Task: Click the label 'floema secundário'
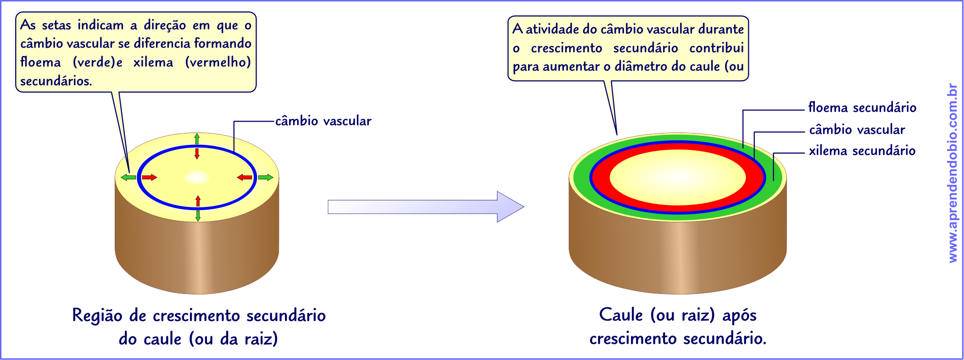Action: coord(862,107)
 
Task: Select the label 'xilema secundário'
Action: coord(862,150)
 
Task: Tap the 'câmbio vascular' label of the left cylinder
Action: coord(323,121)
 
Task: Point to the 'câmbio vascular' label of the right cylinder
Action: coord(857,130)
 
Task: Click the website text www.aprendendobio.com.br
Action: coord(953,173)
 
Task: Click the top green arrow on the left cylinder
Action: coord(197,138)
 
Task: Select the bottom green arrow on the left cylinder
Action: coord(198,216)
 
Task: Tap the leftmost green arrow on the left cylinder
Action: coord(128,177)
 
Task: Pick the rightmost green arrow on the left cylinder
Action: coord(266,177)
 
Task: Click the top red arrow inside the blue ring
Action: coord(197,153)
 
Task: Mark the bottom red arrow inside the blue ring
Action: coord(198,201)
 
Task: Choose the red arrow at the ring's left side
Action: coord(150,177)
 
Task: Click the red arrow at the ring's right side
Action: coord(245,177)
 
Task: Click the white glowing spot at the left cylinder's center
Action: coord(197,177)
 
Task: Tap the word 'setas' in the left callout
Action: coord(56,25)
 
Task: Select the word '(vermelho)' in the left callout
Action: coord(218,62)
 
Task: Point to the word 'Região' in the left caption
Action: coord(97,316)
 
